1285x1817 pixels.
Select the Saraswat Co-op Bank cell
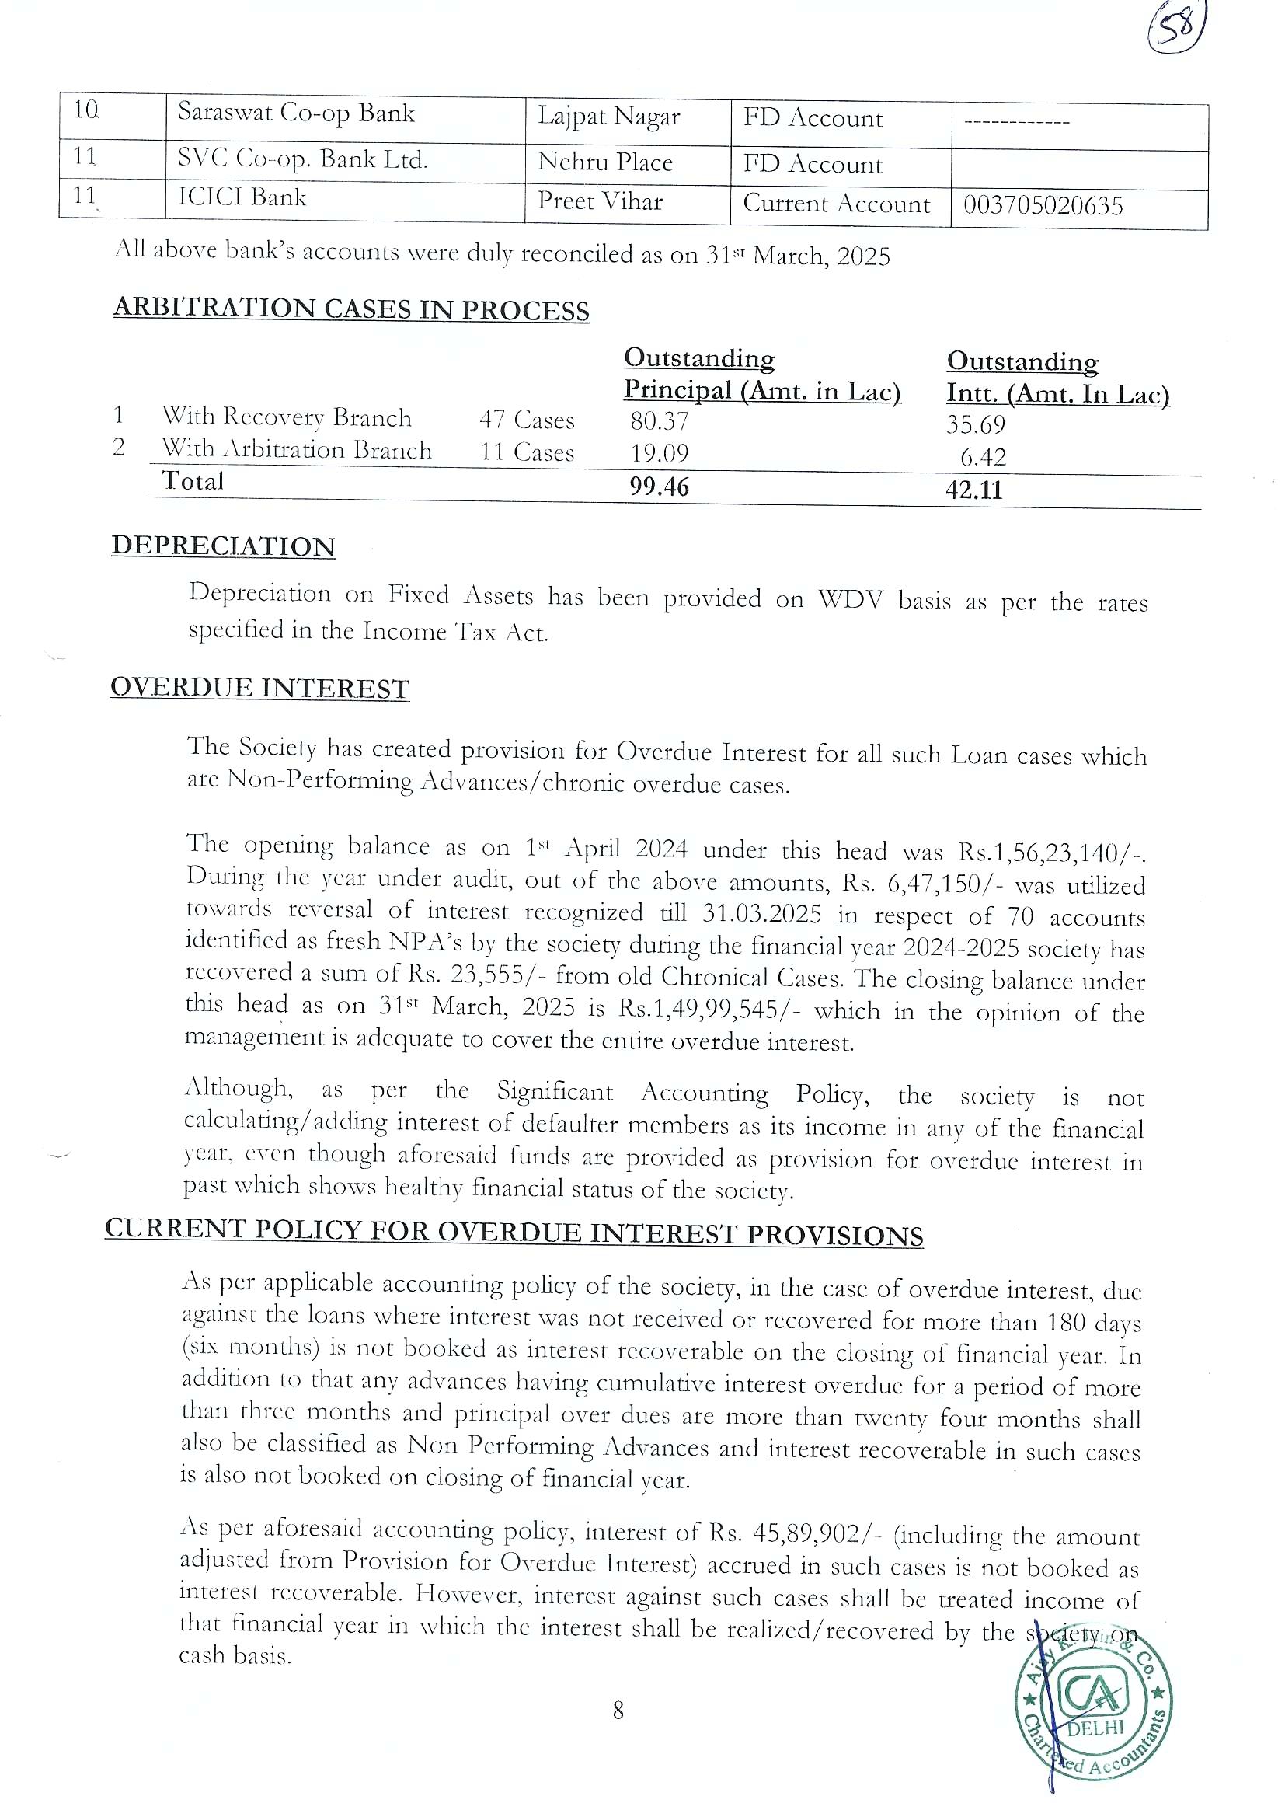(296, 114)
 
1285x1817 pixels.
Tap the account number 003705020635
(1043, 206)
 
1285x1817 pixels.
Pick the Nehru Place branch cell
(604, 162)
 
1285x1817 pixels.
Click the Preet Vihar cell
(600, 202)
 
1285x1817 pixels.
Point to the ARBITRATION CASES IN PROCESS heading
(351, 309)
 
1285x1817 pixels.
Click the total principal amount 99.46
(659, 487)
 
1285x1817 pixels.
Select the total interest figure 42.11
(974, 490)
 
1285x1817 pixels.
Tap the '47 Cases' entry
(527, 420)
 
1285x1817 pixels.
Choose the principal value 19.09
(659, 453)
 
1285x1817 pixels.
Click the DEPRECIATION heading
(223, 546)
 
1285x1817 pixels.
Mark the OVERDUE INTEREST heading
(259, 688)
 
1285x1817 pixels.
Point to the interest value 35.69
(976, 425)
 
